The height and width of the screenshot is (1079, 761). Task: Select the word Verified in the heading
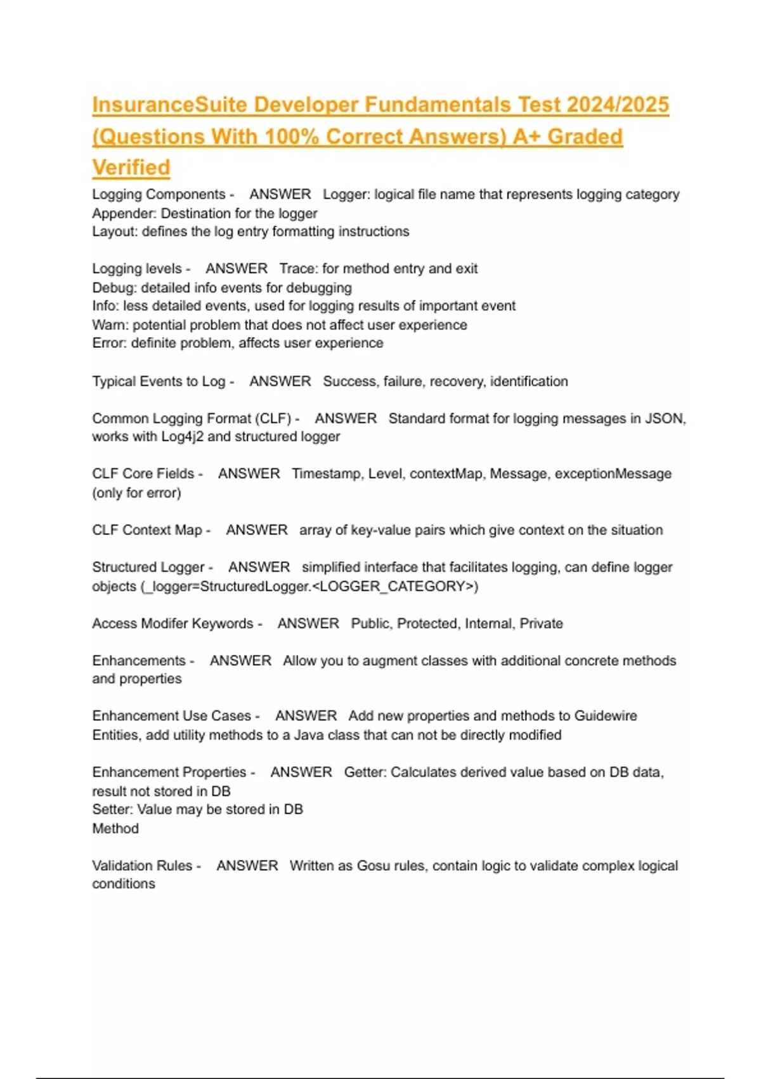(x=131, y=168)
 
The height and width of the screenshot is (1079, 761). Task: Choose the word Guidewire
(x=606, y=716)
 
